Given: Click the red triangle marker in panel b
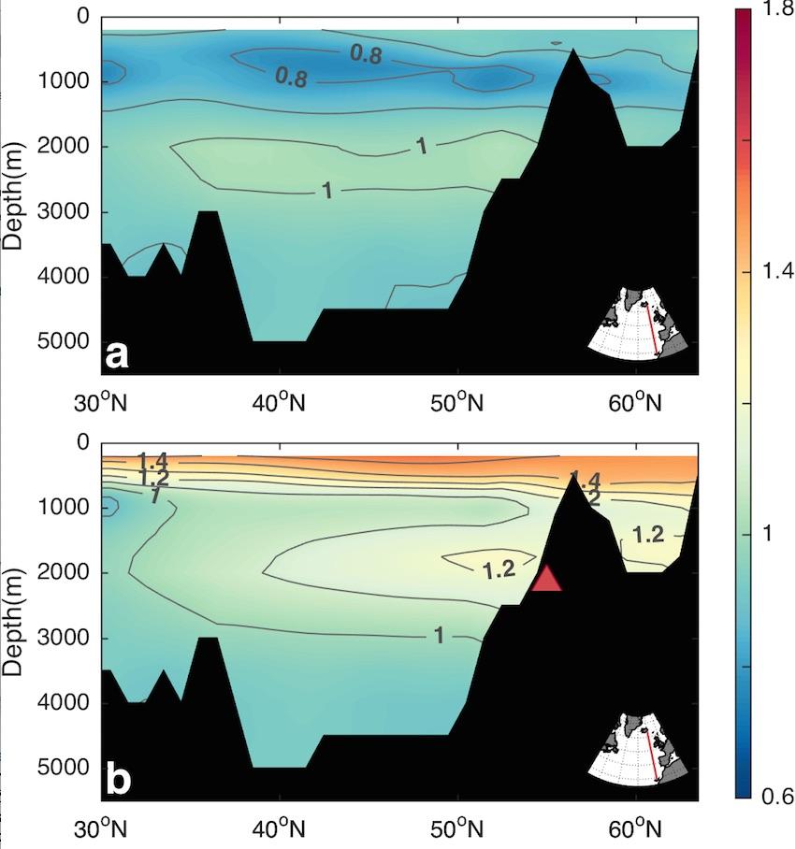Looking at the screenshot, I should pyautogui.click(x=546, y=580).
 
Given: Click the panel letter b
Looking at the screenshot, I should pyautogui.click(x=118, y=780).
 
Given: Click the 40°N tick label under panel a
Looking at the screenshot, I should pyautogui.click(x=280, y=403).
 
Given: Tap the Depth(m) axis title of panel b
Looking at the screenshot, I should pyautogui.click(x=14, y=620).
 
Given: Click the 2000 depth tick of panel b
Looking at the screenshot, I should pyautogui.click(x=61, y=572).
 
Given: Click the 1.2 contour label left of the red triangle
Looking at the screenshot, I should pyautogui.click(x=499, y=569).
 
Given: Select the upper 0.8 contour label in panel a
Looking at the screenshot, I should pyautogui.click(x=366, y=55).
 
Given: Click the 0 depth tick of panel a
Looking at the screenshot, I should pyautogui.click(x=82, y=17).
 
